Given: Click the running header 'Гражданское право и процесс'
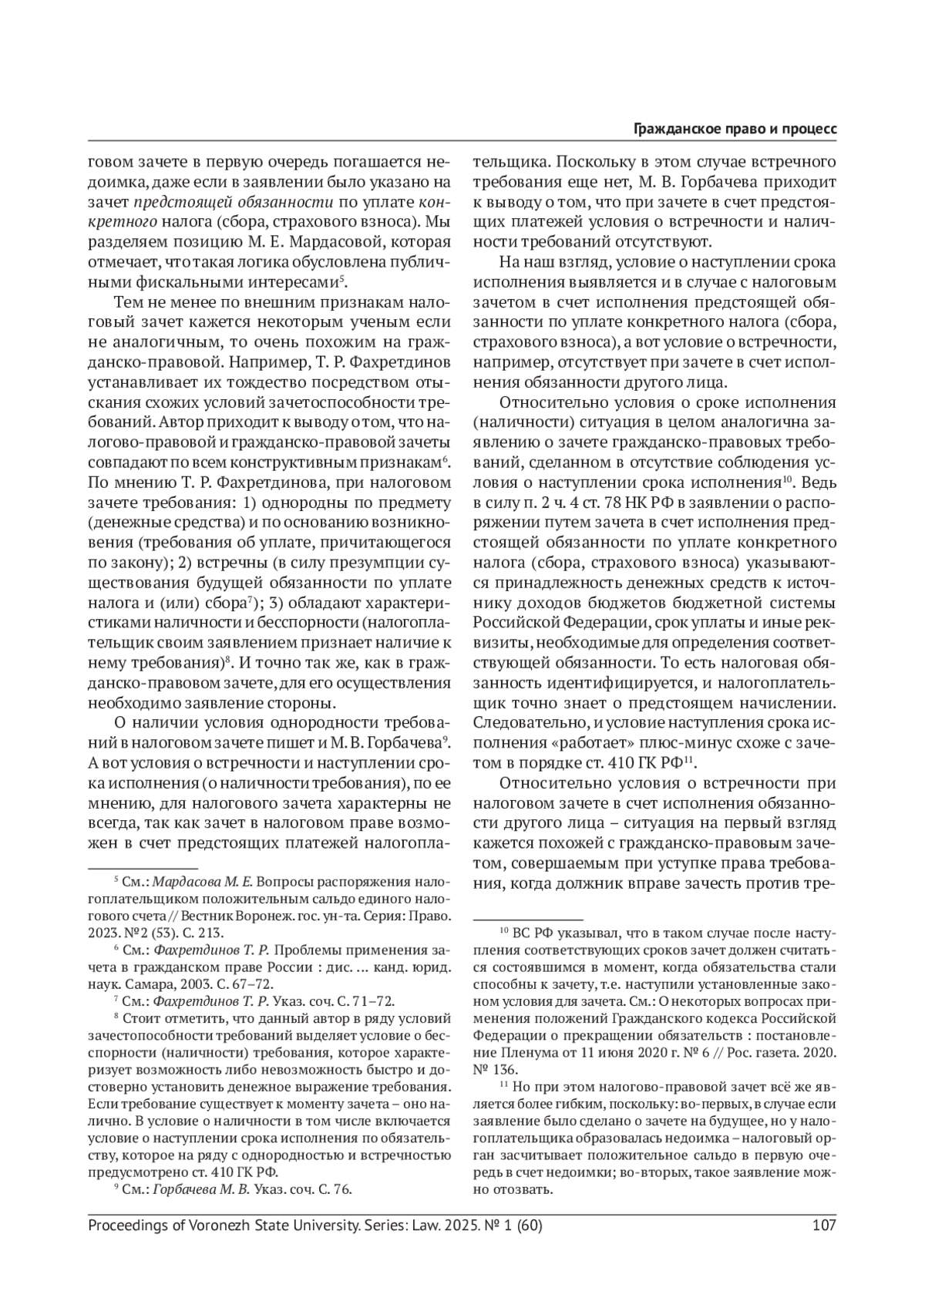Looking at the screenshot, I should [x=735, y=129].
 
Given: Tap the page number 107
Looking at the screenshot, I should [x=824, y=1225].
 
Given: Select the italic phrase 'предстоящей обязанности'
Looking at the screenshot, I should [x=234, y=203].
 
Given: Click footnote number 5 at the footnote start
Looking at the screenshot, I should [x=116, y=879].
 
